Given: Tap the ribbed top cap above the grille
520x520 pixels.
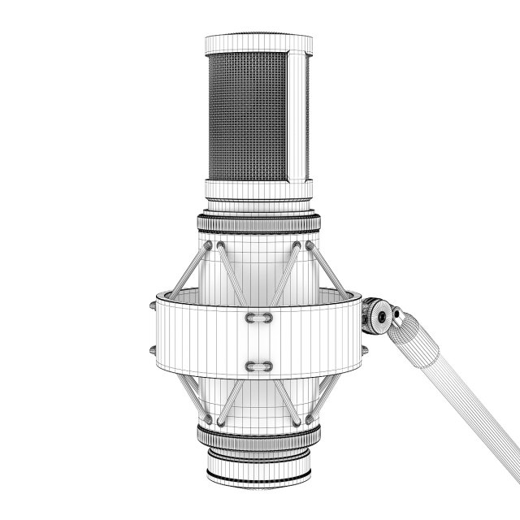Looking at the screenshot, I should point(258,42).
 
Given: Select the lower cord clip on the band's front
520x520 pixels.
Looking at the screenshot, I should point(258,363).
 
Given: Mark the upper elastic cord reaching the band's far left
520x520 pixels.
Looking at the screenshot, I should point(188,268).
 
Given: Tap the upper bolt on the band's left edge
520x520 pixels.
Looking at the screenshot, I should point(151,307).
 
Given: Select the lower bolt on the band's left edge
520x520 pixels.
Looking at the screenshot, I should point(151,350).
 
